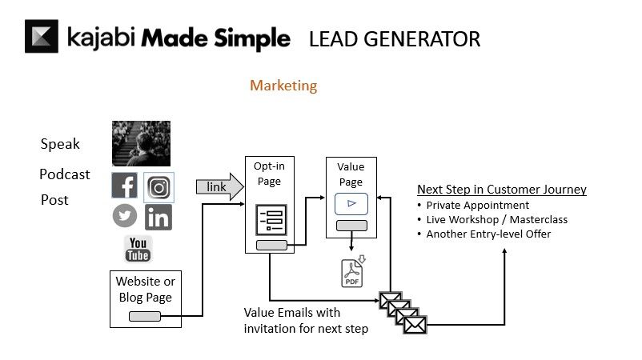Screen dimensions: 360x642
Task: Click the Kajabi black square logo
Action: [x=42, y=36]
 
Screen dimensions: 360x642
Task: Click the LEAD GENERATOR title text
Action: [x=395, y=38]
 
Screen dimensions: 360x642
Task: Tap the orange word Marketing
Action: [x=283, y=86]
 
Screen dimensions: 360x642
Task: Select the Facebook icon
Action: [x=125, y=186]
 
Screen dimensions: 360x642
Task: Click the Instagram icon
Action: [x=158, y=187]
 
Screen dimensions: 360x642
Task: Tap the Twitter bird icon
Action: [x=125, y=216]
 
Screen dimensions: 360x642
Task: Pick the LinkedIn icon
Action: [x=158, y=217]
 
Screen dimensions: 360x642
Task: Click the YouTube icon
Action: [x=138, y=249]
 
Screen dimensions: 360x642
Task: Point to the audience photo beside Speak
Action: [x=141, y=143]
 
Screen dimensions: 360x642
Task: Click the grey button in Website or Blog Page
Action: [x=145, y=317]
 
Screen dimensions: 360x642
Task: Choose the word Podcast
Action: [x=65, y=174]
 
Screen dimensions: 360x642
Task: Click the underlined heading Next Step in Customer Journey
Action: [x=502, y=190]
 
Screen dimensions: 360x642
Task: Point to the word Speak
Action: [x=60, y=144]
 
